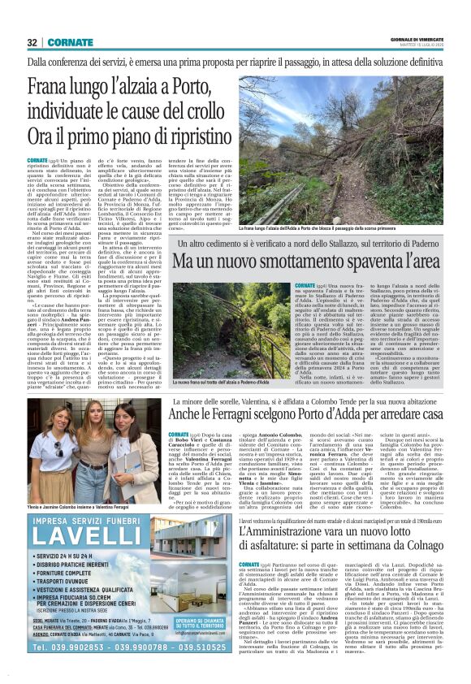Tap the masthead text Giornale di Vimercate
[421, 38]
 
